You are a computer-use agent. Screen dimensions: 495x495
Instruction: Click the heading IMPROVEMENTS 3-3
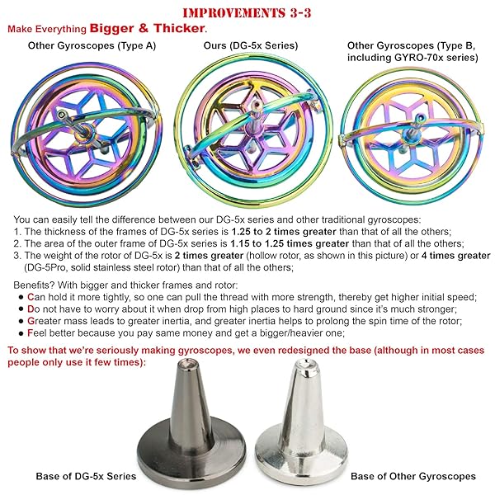(x=247, y=12)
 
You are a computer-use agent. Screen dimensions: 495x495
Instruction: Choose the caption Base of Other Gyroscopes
(x=412, y=476)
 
